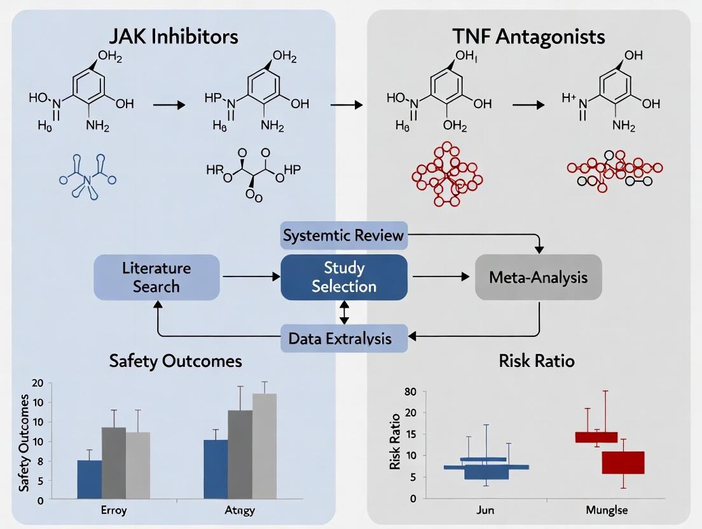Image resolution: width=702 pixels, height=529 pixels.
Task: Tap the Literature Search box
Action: pyautogui.click(x=156, y=277)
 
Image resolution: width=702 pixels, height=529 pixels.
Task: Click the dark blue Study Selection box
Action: pyautogui.click(x=344, y=277)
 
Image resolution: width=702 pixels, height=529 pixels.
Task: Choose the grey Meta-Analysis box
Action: pyautogui.click(x=538, y=277)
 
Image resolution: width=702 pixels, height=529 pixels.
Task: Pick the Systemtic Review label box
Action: pyautogui.click(x=344, y=236)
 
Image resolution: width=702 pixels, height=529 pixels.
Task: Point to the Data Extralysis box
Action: pyautogui.click(x=344, y=338)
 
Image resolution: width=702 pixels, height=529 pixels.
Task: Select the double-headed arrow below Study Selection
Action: pyautogui.click(x=344, y=312)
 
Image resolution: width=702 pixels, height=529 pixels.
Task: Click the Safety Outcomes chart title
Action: pyautogui.click(x=175, y=361)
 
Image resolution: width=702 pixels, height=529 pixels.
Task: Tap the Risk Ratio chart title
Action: pyautogui.click(x=538, y=361)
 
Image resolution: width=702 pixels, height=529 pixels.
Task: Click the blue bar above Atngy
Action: pyautogui.click(x=216, y=469)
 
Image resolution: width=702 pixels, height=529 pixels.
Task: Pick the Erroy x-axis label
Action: pyautogui.click(x=114, y=511)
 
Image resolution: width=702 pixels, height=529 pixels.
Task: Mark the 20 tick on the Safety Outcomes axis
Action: pyautogui.click(x=37, y=383)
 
